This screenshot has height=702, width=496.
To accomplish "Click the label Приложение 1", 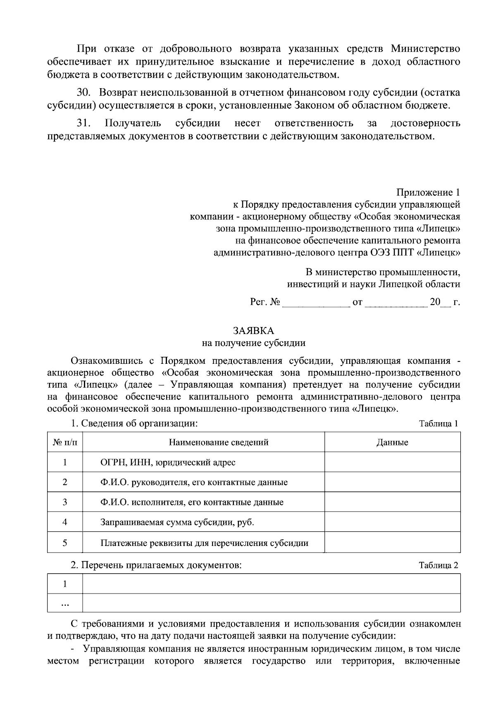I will [x=428, y=192].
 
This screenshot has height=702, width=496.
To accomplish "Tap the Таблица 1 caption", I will [x=438, y=423].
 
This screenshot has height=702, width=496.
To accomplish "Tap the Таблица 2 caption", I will [x=438, y=565].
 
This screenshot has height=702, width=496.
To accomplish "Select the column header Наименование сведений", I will [x=219, y=442].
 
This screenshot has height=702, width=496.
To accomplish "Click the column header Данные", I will [x=392, y=442].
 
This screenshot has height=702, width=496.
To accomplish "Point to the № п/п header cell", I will [x=65, y=442].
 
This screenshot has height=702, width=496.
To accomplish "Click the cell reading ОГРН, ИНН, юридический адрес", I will [x=168, y=462].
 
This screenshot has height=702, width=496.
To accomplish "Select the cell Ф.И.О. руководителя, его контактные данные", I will [x=194, y=482].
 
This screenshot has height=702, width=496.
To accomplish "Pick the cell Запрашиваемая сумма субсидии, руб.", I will [x=177, y=522].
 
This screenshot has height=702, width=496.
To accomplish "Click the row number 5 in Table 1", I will [x=65, y=543].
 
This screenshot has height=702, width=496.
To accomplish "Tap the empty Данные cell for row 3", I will [x=392, y=502].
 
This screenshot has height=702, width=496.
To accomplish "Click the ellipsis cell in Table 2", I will [x=65, y=604].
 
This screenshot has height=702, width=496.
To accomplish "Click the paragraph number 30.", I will [x=83, y=92].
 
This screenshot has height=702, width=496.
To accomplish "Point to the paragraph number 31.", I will [x=83, y=123].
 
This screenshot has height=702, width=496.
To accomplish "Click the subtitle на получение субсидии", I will [x=253, y=343].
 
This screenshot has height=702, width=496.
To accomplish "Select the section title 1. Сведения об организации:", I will [x=134, y=423].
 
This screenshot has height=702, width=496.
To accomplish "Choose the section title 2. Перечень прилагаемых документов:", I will [x=156, y=565].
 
